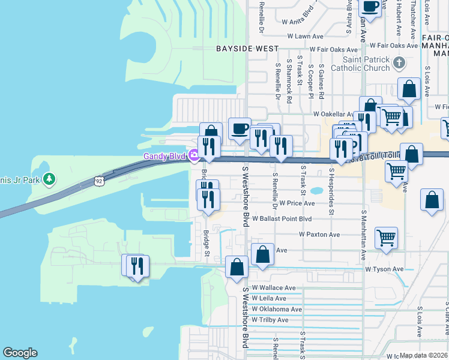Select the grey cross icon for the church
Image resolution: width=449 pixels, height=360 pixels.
pos(399,63)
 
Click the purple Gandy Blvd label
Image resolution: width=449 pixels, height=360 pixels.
pos(164,157)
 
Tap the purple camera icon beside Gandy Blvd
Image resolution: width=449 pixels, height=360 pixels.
pos(194,157)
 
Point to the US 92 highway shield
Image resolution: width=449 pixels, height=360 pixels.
pos(98,179)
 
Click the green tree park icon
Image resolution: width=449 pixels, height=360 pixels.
pos(49,179)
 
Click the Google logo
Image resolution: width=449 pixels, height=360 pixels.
pos(20,353)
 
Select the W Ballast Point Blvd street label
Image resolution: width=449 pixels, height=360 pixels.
pos(282,219)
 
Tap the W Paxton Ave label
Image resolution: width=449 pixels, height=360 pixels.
pos(319,235)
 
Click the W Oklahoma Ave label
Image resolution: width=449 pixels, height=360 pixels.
pos(277,309)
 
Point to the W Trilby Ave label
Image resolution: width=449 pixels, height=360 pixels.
pos(270,320)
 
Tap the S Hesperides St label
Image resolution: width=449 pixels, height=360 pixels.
pos(331,190)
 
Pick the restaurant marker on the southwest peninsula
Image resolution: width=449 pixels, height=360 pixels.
pos(137,265)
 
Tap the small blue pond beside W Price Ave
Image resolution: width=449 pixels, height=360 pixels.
pos(316,192)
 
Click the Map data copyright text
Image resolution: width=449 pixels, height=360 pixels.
pos(424,355)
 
